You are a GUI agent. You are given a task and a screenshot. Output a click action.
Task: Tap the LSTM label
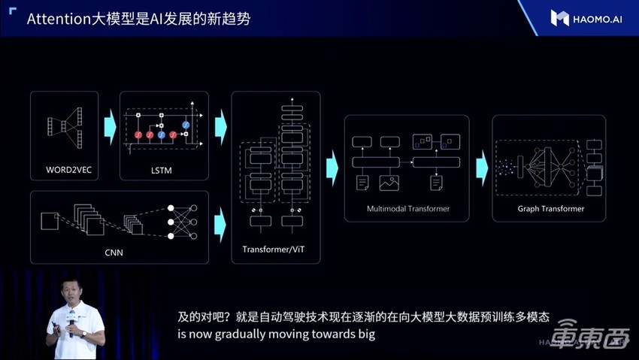161,171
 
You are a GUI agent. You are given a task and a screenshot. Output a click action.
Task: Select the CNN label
114,253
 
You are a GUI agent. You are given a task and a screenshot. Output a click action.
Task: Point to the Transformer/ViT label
276,248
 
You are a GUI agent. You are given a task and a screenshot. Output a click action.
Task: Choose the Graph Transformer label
551,208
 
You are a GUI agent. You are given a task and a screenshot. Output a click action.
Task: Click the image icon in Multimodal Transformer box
389,182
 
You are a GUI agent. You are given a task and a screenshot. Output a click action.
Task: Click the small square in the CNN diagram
49,220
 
